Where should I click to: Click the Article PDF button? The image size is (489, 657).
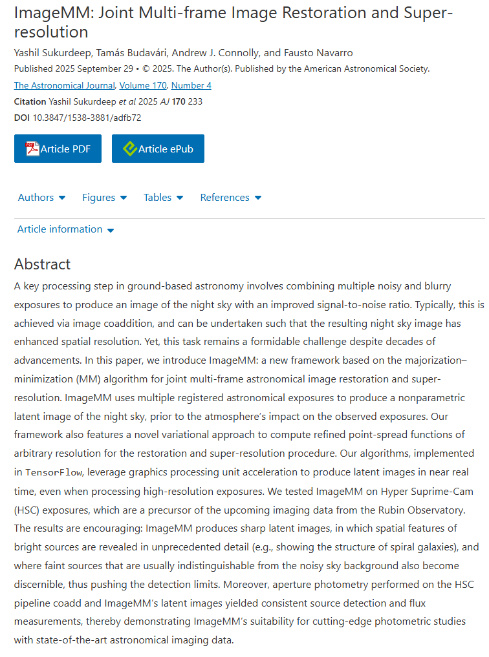pyautogui.click(x=58, y=149)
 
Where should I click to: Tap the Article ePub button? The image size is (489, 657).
pyautogui.click(x=158, y=149)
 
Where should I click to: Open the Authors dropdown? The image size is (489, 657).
pyautogui.click(x=41, y=198)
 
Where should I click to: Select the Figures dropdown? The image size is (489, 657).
pyautogui.click(x=104, y=198)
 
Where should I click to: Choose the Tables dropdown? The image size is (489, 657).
pyautogui.click(x=163, y=198)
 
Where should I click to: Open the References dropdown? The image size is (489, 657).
pyautogui.click(x=230, y=198)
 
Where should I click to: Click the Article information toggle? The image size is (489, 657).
pyautogui.click(x=65, y=229)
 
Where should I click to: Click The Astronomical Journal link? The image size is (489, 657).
pyautogui.click(x=65, y=85)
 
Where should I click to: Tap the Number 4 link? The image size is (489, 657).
pyautogui.click(x=191, y=85)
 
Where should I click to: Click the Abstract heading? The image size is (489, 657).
pyautogui.click(x=43, y=264)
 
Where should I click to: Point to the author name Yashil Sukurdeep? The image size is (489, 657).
pyautogui.click(x=54, y=52)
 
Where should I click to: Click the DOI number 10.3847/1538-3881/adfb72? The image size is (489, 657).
pyautogui.click(x=87, y=118)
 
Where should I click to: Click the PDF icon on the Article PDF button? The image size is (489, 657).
pyautogui.click(x=32, y=149)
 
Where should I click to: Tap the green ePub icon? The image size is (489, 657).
pyautogui.click(x=130, y=149)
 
